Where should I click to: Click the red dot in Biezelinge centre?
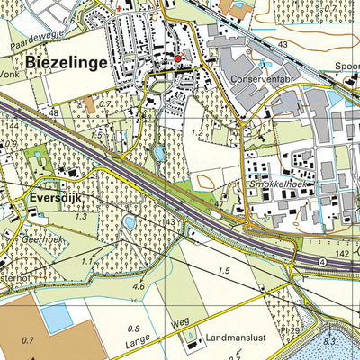177,59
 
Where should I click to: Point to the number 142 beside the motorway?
343,256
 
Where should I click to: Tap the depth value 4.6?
138,286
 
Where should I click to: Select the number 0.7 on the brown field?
26,341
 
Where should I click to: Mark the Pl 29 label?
312,332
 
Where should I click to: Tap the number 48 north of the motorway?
54,112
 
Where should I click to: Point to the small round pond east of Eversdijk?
128,221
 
